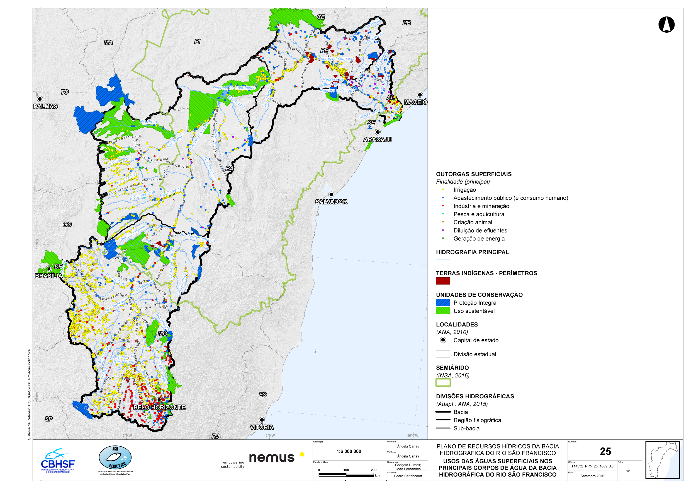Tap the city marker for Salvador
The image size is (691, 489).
coord(331,194)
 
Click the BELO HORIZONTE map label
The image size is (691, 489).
coord(159,407)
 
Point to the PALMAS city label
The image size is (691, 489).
coord(45,106)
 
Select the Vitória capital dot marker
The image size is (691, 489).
coord(262,420)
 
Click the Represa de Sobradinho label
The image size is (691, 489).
coord(234,88)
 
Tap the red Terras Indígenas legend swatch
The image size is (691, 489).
coord(443,281)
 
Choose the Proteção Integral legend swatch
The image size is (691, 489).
coord(443,302)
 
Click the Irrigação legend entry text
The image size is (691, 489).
coord(464,190)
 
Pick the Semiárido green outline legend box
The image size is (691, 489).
coord(443,382)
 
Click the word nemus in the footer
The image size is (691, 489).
coord(271,458)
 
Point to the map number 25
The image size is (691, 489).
coord(605,451)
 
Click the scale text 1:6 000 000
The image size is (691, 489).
coord(349,451)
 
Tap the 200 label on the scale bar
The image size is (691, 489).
coord(373,470)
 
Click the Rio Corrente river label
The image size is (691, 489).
coord(171,192)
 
